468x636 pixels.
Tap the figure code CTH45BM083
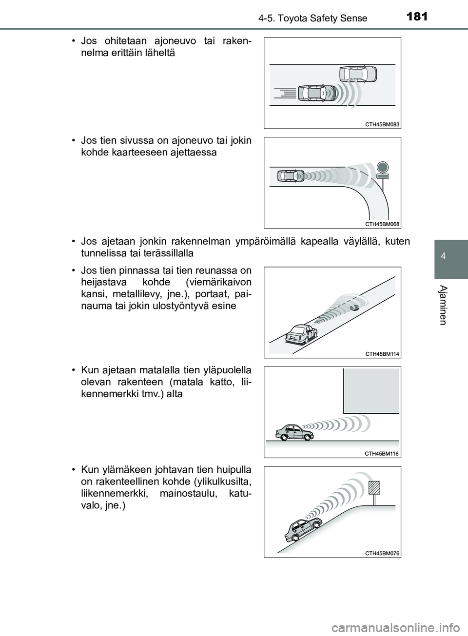382,124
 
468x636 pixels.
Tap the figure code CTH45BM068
382,224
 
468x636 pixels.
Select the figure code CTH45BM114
382,354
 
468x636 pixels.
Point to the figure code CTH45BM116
382,454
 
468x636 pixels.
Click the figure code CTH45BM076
382,553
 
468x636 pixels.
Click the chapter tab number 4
445,255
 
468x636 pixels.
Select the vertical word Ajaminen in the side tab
445,304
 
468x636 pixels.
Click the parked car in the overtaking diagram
357,73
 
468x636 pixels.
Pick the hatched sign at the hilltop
374,487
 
